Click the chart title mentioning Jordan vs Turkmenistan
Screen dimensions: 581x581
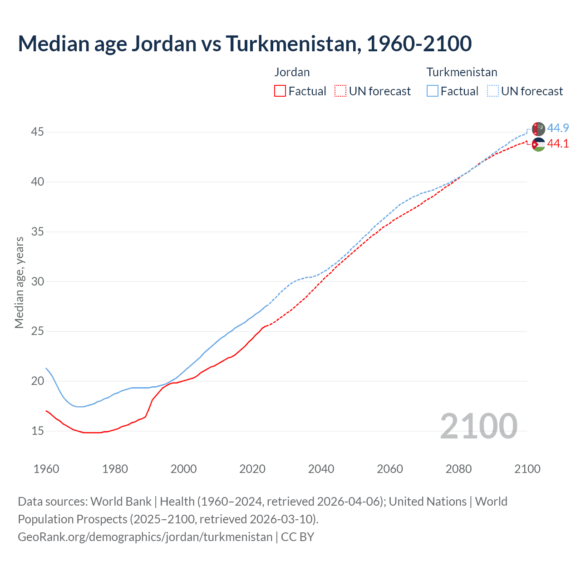pyautogui.click(x=245, y=44)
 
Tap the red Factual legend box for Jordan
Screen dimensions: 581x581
pyautogui.click(x=280, y=91)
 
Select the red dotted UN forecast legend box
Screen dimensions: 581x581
pyautogui.click(x=340, y=91)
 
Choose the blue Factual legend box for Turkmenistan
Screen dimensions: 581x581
pyautogui.click(x=433, y=91)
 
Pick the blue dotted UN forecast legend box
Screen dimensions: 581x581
pyautogui.click(x=493, y=91)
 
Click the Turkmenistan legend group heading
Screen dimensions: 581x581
pyautogui.click(x=462, y=72)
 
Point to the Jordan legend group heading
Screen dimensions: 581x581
pyautogui.click(x=292, y=72)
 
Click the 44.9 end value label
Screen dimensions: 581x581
pyautogui.click(x=558, y=128)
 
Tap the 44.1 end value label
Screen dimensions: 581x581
pyautogui.click(x=558, y=143)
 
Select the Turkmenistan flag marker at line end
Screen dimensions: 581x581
pyautogui.click(x=538, y=129)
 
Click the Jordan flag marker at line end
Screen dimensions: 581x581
pyautogui.click(x=538, y=145)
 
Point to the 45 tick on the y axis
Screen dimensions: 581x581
pyautogui.click(x=38, y=132)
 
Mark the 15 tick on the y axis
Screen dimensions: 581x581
pyautogui.click(x=38, y=431)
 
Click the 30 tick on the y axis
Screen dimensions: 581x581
pyautogui.click(x=38, y=281)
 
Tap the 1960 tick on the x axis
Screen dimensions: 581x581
pyautogui.click(x=46, y=469)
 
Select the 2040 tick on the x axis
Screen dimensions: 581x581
pyautogui.click(x=321, y=469)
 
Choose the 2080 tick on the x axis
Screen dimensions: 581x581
pyautogui.click(x=458, y=469)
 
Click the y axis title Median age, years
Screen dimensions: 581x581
pyautogui.click(x=19, y=282)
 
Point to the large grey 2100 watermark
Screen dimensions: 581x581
pyautogui.click(x=478, y=426)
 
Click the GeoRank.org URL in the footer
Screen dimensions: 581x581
pyautogui.click(x=145, y=537)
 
